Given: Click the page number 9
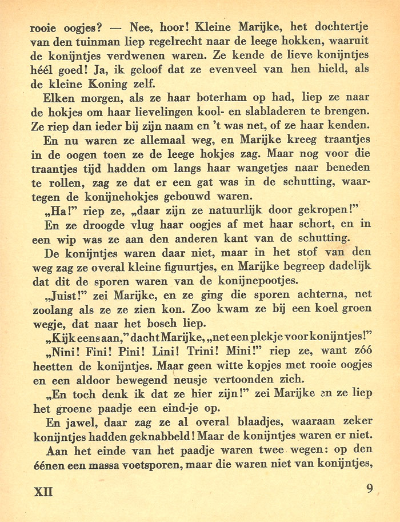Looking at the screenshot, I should (370, 489).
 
